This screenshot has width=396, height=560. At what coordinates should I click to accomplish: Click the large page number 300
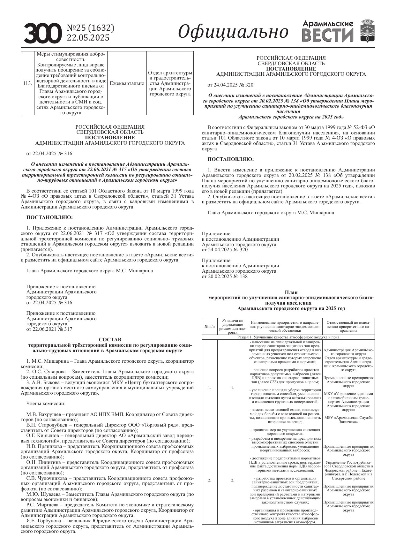(42, 34)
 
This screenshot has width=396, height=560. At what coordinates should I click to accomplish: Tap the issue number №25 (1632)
(90, 28)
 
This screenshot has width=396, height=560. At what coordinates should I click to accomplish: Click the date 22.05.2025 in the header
(88, 38)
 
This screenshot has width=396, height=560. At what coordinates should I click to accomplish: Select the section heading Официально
(233, 32)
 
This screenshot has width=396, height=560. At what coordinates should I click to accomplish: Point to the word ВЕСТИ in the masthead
(328, 35)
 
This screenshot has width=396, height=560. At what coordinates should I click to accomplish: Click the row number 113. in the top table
(27, 83)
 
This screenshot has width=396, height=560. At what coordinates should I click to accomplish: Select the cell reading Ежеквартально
(127, 83)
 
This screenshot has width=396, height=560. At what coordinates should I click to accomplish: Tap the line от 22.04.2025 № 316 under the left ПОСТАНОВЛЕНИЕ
(49, 153)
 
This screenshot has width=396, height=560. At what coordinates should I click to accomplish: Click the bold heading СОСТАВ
(110, 339)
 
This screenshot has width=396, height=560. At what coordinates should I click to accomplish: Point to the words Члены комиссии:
(46, 404)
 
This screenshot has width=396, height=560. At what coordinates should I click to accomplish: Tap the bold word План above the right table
(291, 292)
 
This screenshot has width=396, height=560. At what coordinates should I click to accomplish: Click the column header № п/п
(210, 327)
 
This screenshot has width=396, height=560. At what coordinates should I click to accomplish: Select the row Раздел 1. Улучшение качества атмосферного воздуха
(288, 337)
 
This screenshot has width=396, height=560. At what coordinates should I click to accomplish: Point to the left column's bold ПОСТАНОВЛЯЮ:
(49, 217)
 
